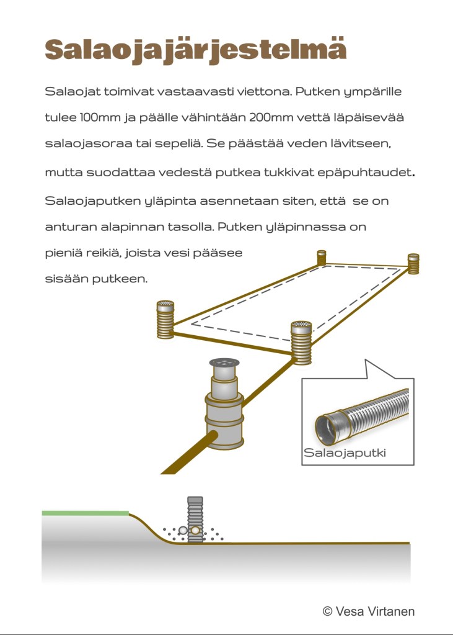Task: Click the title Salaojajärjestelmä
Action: click(195, 49)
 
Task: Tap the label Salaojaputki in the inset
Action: click(345, 453)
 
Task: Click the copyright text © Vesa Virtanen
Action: click(369, 611)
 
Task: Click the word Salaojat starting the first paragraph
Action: click(71, 92)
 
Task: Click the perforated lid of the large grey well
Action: click(224, 363)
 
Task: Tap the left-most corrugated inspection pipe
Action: click(165, 319)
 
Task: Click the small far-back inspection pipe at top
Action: click(322, 257)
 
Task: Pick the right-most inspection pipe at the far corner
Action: click(413, 263)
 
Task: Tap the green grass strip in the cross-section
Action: click(85, 513)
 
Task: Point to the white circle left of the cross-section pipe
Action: click(182, 531)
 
